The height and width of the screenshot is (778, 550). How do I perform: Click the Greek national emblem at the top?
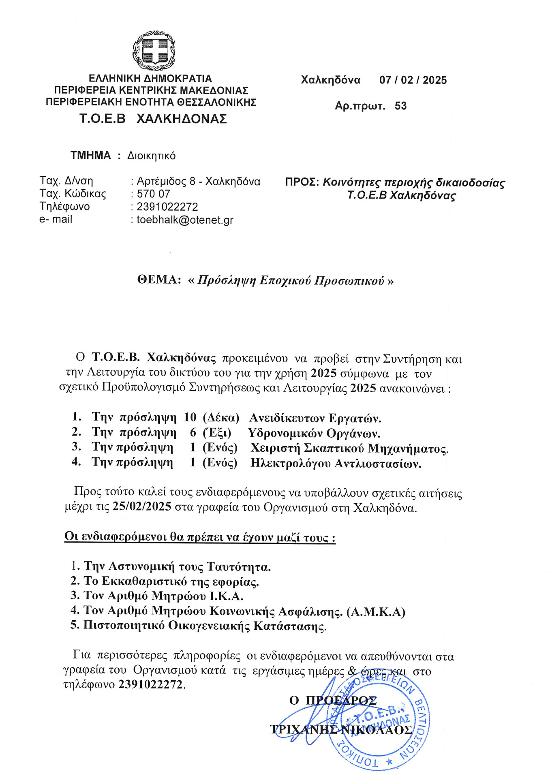point(154,50)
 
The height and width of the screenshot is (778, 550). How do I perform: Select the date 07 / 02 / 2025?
point(413,80)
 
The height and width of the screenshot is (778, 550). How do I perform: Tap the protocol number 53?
point(400,106)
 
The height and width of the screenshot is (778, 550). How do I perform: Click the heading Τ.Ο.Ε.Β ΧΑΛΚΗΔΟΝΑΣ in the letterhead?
point(153,119)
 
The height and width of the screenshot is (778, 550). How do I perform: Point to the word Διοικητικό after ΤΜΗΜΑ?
point(151,156)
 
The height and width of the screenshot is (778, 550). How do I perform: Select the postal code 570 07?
point(153,194)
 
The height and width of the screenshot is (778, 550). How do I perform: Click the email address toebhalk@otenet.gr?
point(185,220)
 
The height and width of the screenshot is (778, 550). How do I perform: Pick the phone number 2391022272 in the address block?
point(167,207)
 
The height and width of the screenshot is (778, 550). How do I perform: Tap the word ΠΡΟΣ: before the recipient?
point(302,182)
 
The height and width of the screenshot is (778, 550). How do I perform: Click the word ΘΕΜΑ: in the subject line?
point(159,280)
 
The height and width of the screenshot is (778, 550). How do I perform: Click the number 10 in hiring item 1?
point(190,417)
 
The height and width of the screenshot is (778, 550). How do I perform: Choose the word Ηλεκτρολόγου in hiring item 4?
point(290,463)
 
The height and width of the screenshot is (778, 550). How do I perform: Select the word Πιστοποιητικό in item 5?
point(124,626)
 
